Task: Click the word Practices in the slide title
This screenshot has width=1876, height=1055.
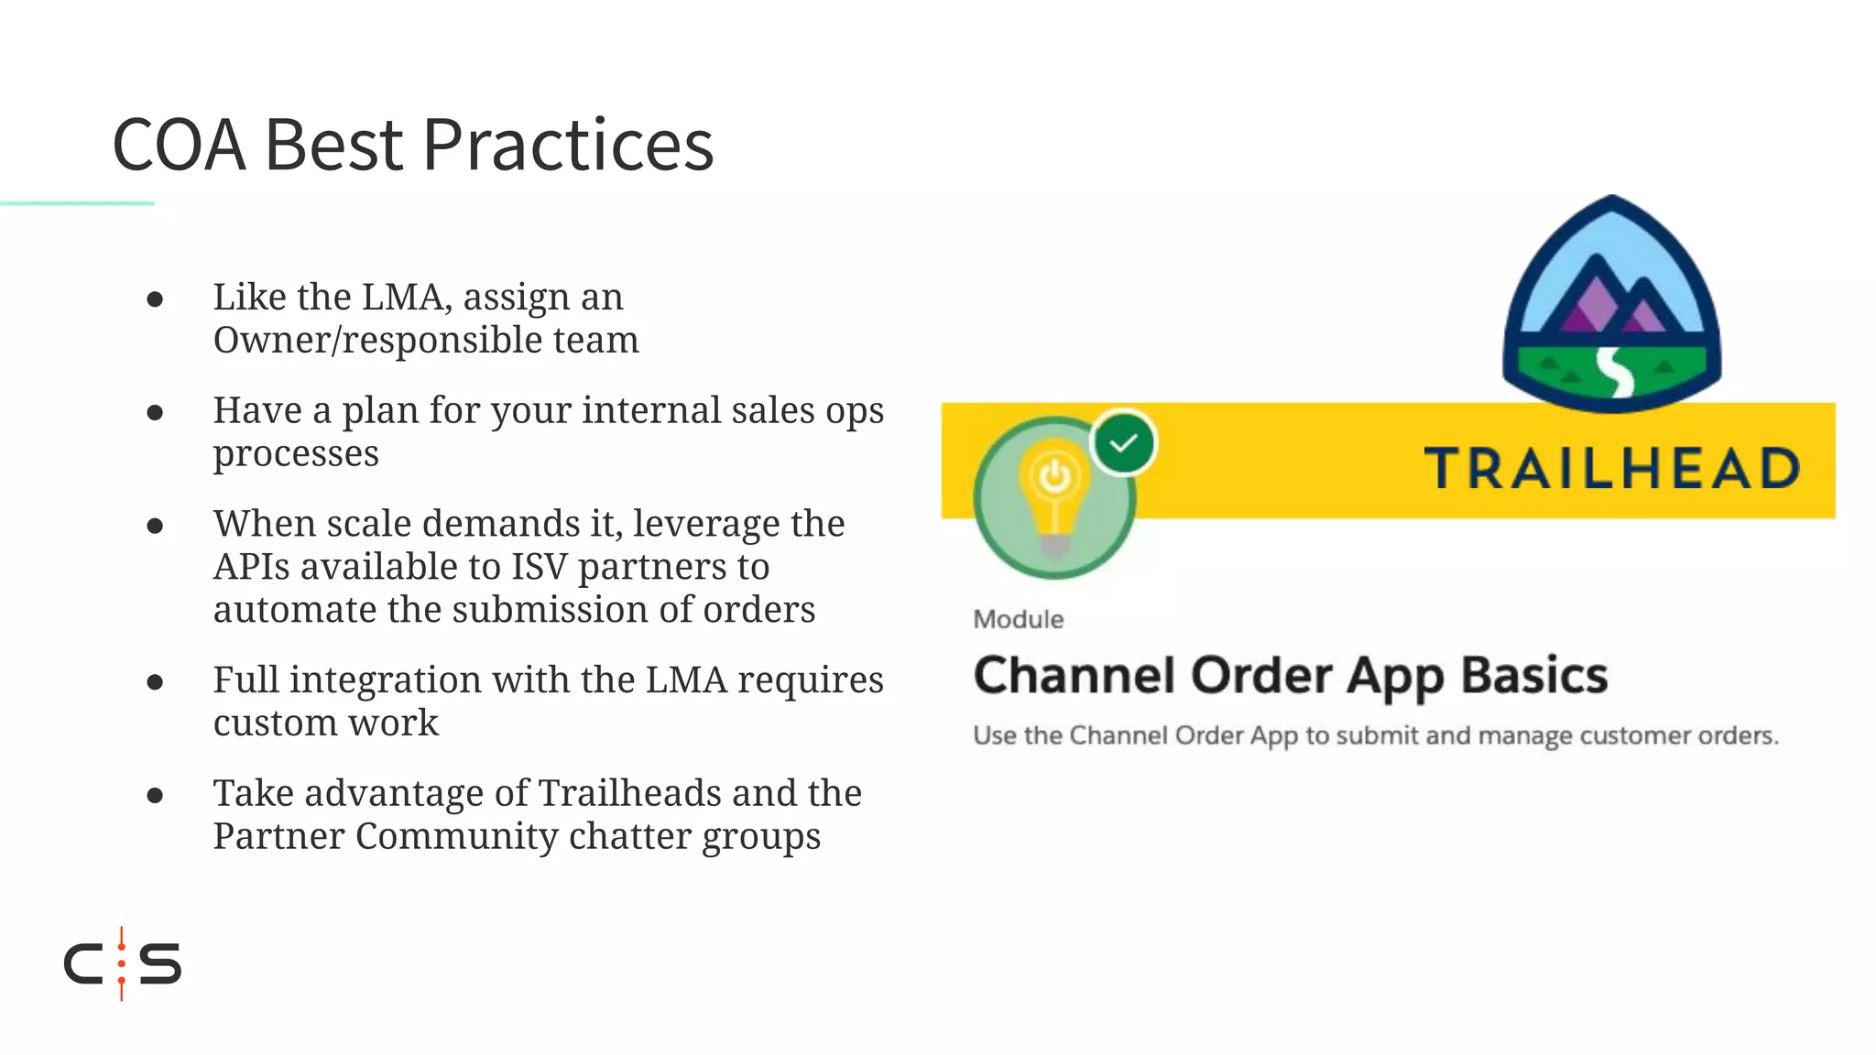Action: (x=567, y=146)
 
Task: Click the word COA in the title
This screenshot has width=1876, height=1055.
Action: (x=180, y=146)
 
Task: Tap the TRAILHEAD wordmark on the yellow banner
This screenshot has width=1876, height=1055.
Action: (x=1612, y=468)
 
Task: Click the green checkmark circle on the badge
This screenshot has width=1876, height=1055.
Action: (x=1123, y=443)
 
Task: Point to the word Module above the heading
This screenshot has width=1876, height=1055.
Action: (x=1018, y=620)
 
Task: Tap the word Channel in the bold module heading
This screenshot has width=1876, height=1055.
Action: (x=1074, y=676)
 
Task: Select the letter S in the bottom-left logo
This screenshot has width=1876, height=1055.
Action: (x=160, y=963)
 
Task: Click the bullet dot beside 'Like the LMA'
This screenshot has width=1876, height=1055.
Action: (x=155, y=299)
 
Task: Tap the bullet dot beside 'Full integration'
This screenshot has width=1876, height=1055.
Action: (x=155, y=682)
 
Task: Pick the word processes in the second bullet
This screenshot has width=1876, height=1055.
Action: (x=296, y=454)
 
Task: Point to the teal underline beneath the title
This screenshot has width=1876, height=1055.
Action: (x=77, y=202)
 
